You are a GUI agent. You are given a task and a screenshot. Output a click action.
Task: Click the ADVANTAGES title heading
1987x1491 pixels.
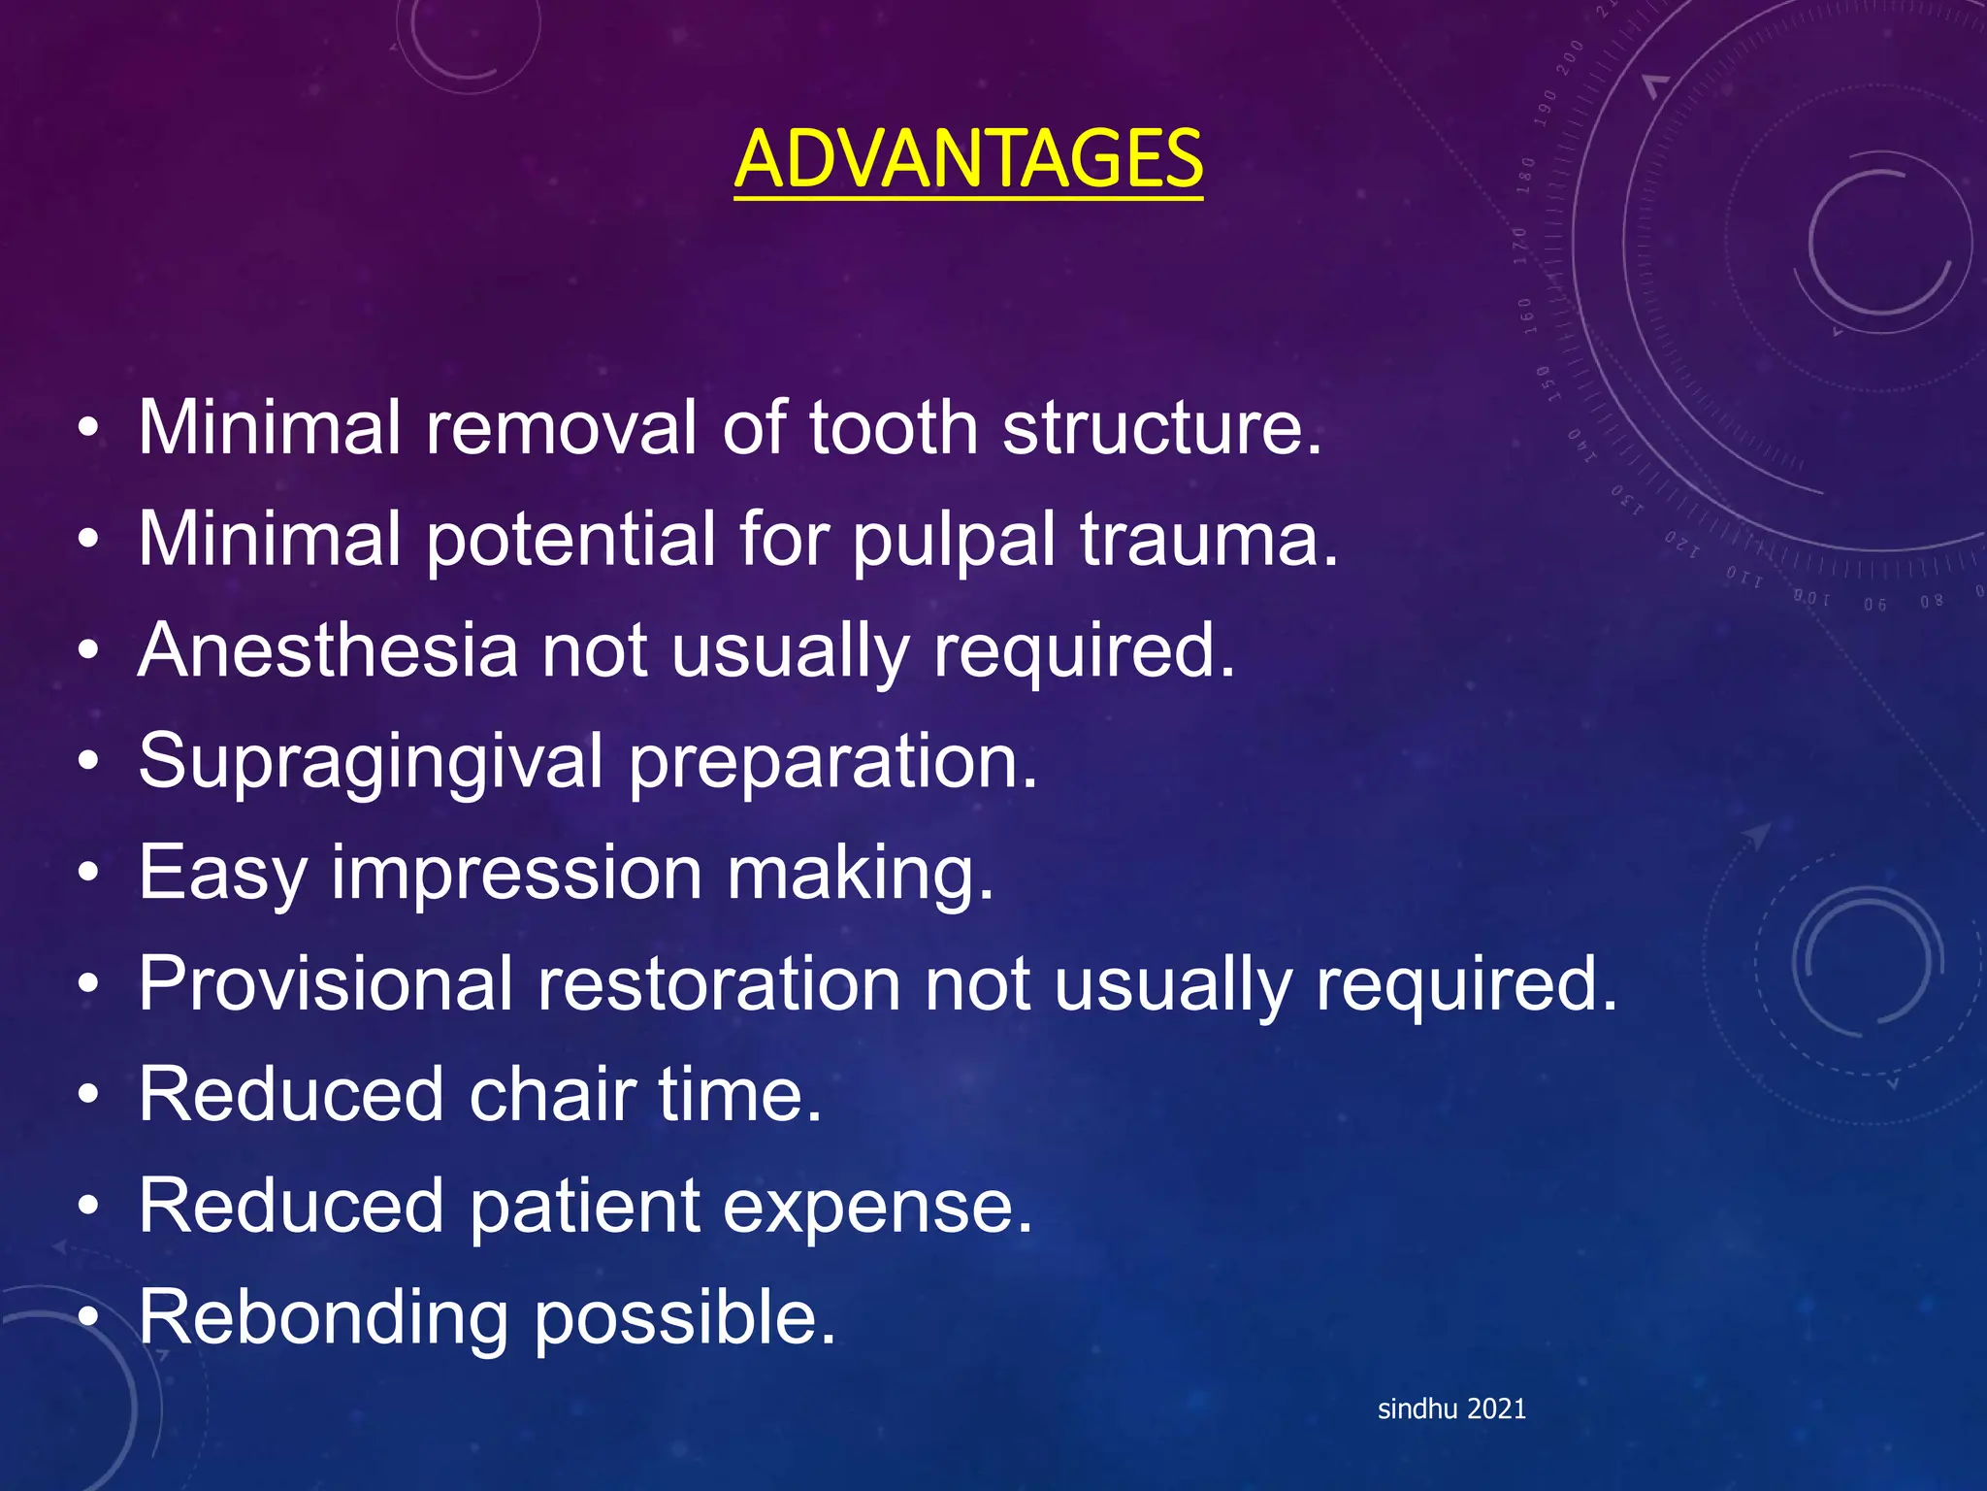(968, 159)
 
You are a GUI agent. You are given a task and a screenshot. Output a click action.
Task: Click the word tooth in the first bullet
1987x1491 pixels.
(893, 428)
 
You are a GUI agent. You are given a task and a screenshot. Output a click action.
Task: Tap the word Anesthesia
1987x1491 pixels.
(328, 650)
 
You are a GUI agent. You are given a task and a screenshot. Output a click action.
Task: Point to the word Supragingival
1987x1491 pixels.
(372, 763)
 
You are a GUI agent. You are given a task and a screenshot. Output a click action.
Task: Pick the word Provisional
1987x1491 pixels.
(325, 984)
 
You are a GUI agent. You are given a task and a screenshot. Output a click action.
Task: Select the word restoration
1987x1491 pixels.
(719, 984)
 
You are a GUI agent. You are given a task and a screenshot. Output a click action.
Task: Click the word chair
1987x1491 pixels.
(552, 1095)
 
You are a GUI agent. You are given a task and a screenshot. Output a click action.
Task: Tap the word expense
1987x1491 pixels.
(878, 1207)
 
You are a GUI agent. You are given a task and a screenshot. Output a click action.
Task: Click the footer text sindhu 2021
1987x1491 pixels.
(1451, 1409)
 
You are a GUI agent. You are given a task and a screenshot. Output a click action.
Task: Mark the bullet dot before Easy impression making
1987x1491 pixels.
(88, 875)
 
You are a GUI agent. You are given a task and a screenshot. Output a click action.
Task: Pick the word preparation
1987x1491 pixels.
(833, 763)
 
